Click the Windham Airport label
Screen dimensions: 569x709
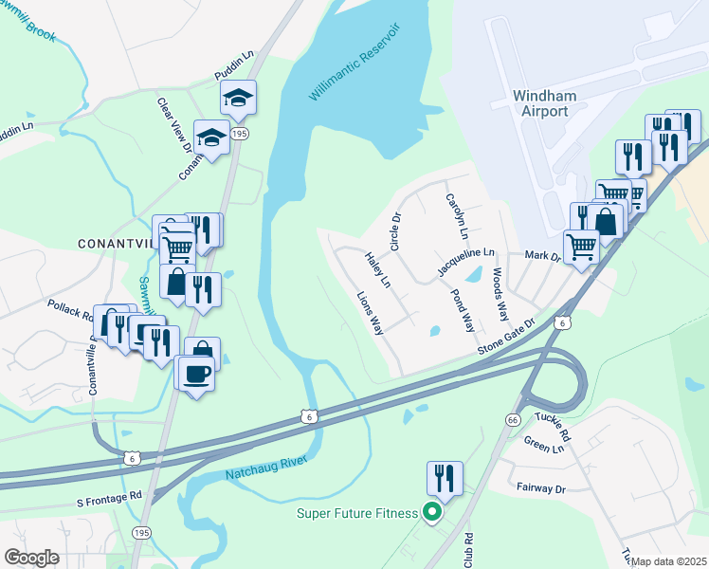[539, 103]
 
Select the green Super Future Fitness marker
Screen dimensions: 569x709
[433, 514]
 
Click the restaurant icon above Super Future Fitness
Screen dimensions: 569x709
[445, 480]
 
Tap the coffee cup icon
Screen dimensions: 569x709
[195, 374]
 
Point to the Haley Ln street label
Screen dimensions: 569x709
[378, 270]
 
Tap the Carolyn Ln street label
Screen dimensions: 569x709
[457, 217]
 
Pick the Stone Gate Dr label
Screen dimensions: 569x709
[506, 338]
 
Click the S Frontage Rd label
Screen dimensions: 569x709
[108, 495]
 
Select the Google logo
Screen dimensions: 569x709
[31, 557]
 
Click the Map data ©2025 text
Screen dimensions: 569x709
[670, 561]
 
